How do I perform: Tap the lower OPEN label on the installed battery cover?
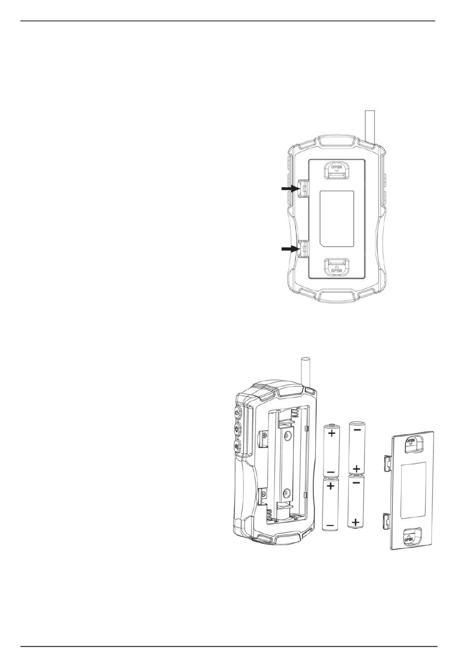click(x=337, y=270)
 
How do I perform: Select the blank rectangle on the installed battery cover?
click(x=337, y=219)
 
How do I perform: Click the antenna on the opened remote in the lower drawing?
click(x=306, y=373)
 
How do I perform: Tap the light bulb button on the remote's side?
click(x=237, y=430)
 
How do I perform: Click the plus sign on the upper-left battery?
click(x=332, y=433)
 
